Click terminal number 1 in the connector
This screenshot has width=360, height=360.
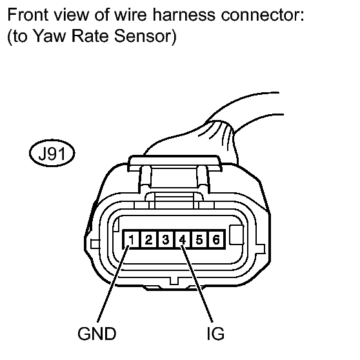[x=131, y=239]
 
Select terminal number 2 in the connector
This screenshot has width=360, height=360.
[x=148, y=239]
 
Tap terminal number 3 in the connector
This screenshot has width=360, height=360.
[x=165, y=239]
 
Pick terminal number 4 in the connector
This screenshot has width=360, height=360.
[x=183, y=239]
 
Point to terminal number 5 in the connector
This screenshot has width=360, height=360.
[x=199, y=239]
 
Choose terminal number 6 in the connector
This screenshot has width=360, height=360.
[x=216, y=239]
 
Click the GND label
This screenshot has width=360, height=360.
[x=97, y=334]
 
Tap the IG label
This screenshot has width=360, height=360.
[x=215, y=334]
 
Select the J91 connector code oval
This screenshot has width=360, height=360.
[x=52, y=153]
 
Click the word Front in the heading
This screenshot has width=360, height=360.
[x=28, y=14]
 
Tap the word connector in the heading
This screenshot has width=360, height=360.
[x=263, y=15]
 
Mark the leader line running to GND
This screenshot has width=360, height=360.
[x=113, y=284]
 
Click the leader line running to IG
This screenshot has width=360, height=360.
[x=197, y=284]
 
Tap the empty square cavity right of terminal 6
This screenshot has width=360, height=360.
[x=237, y=235]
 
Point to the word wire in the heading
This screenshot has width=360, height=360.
[x=130, y=14]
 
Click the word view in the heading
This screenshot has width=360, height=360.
[x=71, y=14]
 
